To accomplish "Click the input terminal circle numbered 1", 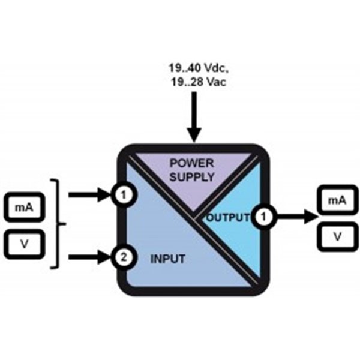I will tap(124, 195).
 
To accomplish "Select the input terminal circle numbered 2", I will tap(124, 259).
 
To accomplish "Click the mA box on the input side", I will tap(23, 208).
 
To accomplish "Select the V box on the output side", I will tap(338, 236).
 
